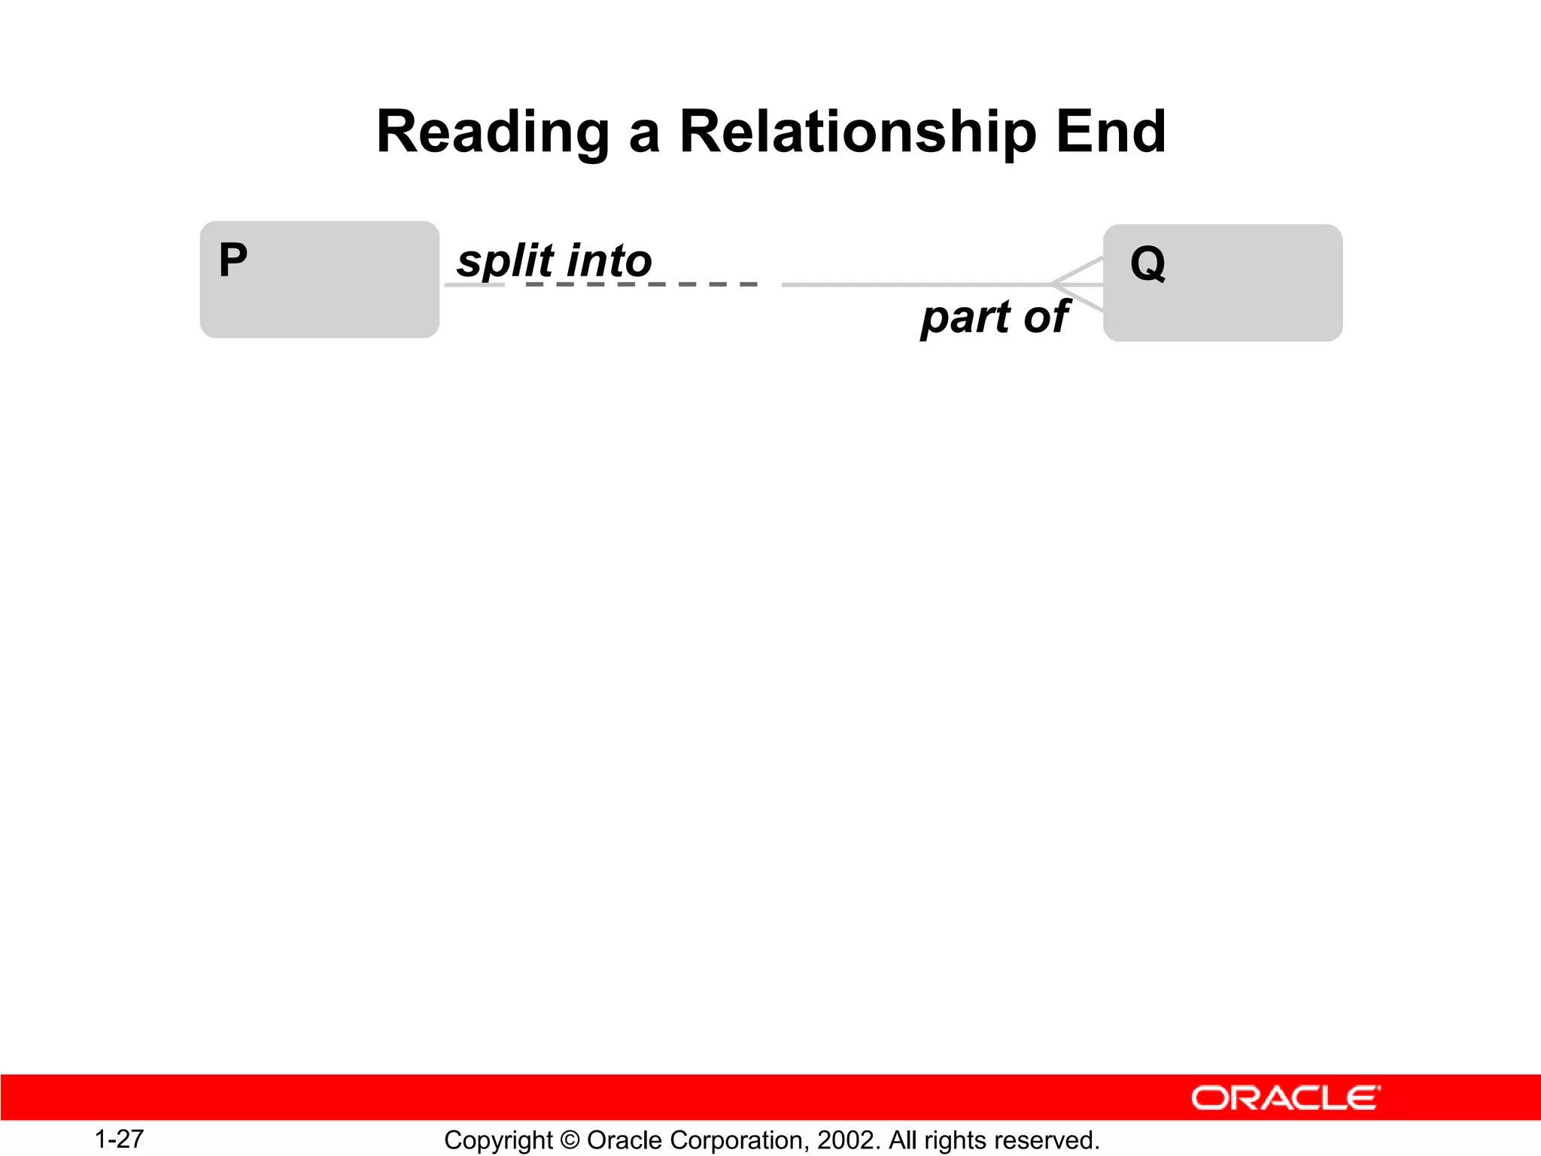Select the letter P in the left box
coord(233,260)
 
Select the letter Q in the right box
coord(1148,264)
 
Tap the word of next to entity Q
coord(1047,317)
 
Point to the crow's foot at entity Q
coord(1077,284)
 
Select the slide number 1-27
coord(119,1139)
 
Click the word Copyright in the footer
coord(498,1140)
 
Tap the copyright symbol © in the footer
coord(570,1140)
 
